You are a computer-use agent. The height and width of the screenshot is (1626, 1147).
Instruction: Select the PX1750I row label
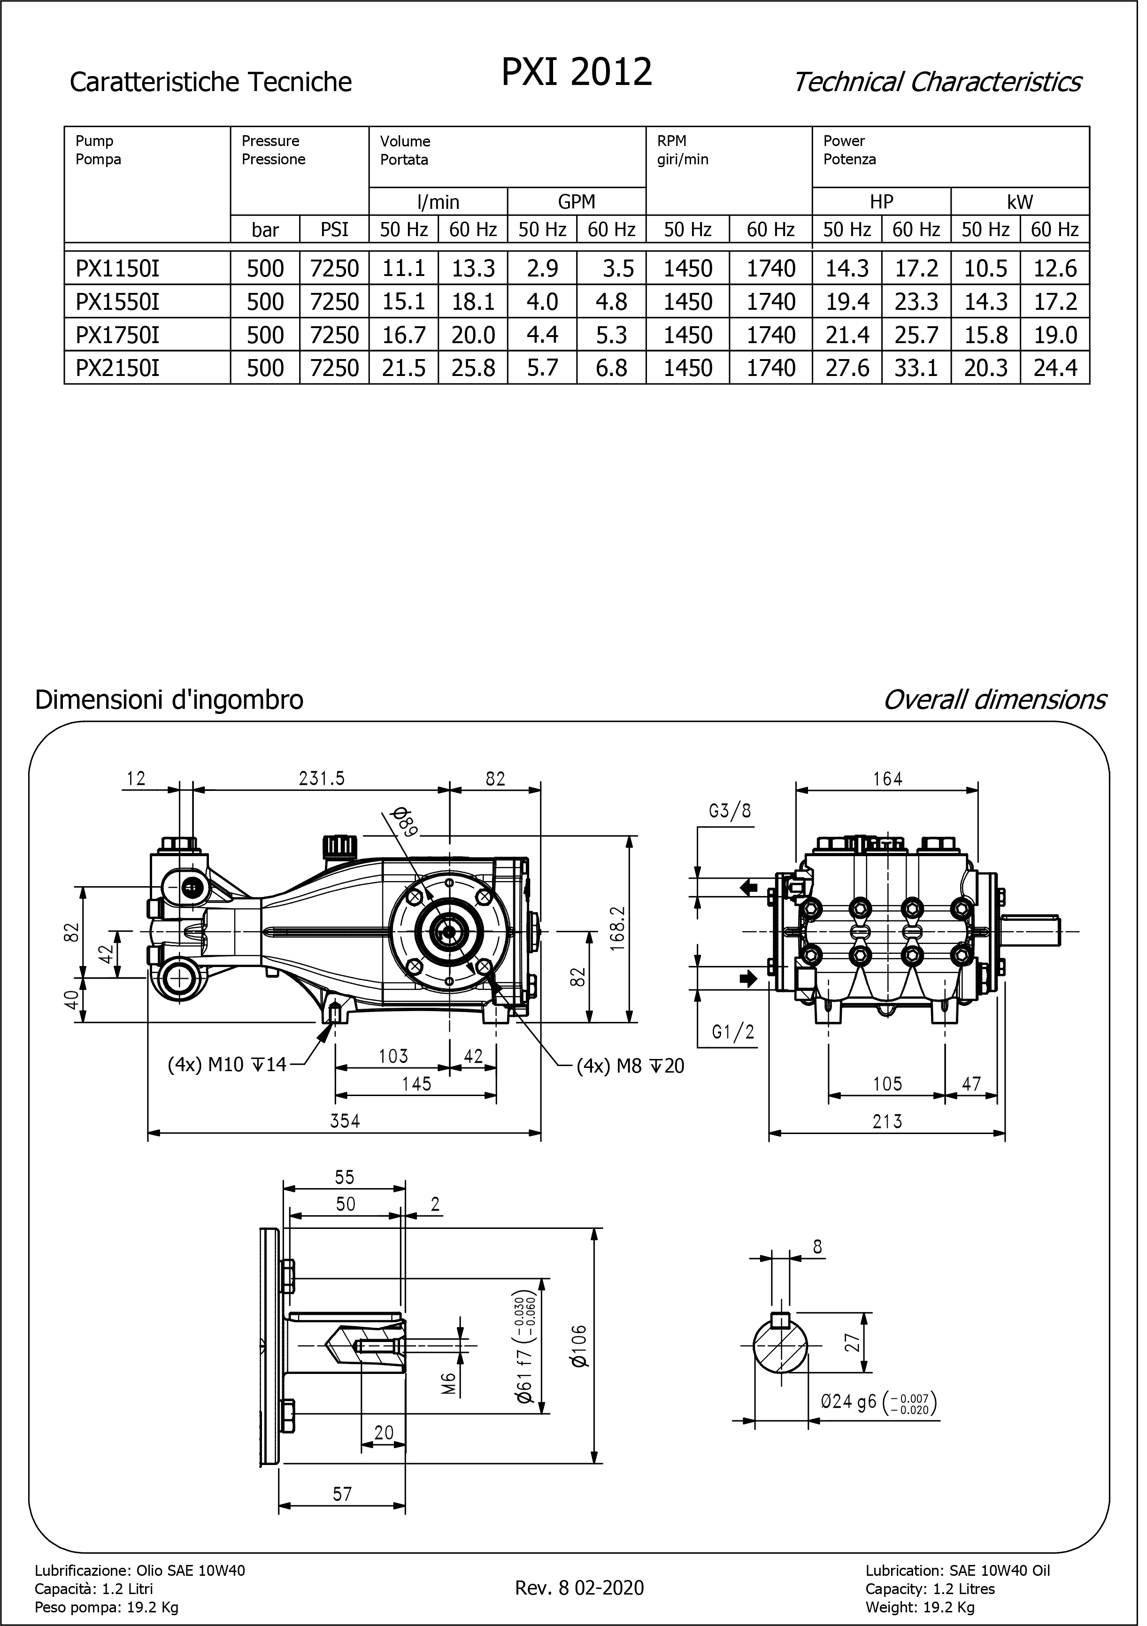tap(117, 337)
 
